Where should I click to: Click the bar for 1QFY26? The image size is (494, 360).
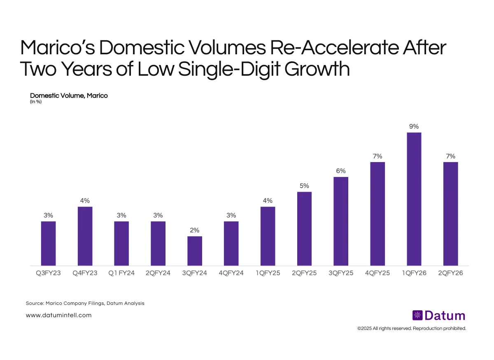[414, 199]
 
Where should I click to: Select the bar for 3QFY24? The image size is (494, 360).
[195, 251]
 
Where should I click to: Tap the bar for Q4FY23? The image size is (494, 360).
[85, 236]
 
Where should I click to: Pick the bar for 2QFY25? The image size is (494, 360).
[304, 228]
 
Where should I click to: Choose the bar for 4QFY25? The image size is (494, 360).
[377, 214]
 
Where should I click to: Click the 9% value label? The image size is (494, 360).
[414, 127]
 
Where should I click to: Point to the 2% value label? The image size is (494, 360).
[195, 230]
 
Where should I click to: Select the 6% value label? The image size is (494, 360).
[341, 171]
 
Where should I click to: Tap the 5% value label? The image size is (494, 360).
[304, 186]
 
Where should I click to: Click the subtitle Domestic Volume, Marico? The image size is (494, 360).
[69, 95]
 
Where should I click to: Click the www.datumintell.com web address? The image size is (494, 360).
[58, 315]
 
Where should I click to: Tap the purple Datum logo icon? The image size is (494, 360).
[417, 316]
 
